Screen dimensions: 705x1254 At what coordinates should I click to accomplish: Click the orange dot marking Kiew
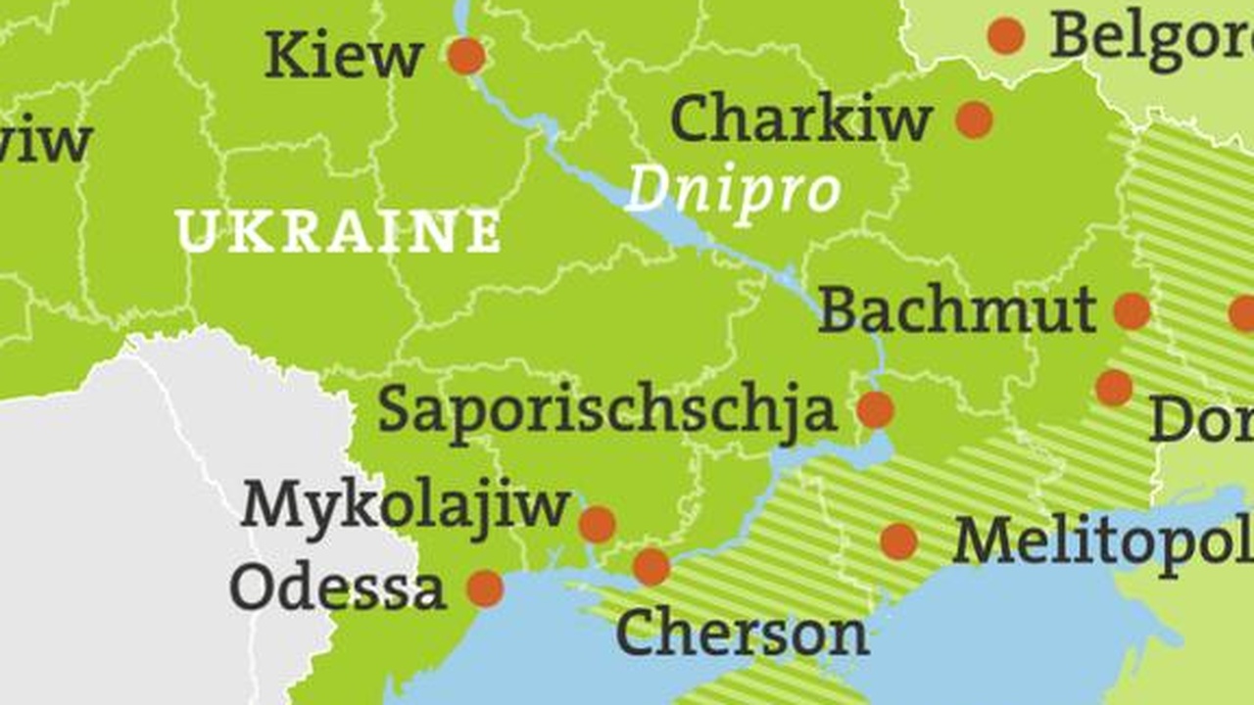point(466,56)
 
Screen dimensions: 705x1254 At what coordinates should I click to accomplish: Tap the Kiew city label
point(344,56)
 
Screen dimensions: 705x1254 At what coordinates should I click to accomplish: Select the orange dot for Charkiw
point(974,119)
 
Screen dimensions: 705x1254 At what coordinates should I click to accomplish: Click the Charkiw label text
point(800,119)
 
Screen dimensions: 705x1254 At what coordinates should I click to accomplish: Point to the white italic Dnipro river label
point(733,189)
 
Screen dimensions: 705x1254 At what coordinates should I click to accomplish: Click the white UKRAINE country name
point(338,232)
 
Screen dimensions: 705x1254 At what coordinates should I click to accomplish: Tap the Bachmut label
point(957,310)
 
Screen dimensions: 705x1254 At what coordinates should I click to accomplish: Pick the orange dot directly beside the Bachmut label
point(1132,311)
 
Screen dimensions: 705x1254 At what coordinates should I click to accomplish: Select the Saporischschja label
point(607,410)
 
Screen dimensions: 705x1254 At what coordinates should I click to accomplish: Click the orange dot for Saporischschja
point(875,409)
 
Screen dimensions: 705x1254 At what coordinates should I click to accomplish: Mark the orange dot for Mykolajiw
point(597,524)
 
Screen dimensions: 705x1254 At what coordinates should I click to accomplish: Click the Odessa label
point(337,588)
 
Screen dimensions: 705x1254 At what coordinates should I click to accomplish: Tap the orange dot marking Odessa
point(485,588)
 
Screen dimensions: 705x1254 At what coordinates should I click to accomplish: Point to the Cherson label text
point(742,634)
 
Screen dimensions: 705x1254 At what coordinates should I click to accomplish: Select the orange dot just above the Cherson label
point(651,567)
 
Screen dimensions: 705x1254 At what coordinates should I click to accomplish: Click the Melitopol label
point(1102,541)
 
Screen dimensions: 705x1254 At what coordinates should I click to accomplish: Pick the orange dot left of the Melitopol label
point(898,541)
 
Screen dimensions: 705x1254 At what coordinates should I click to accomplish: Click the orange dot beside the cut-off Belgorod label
point(1006,36)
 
